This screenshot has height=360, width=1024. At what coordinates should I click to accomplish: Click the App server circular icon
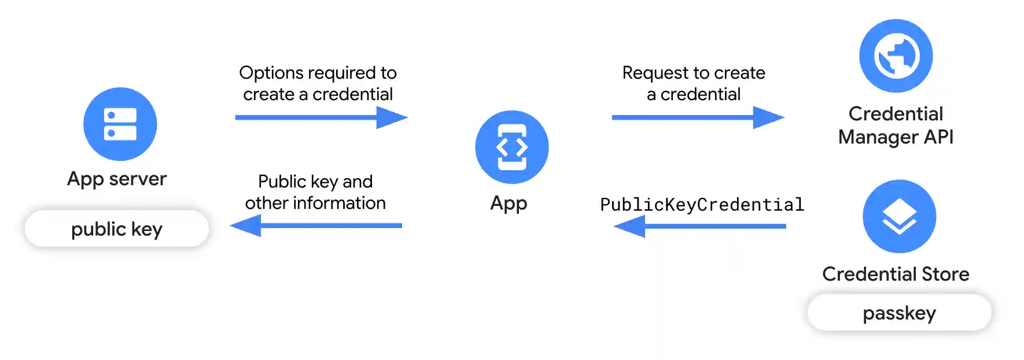click(x=120, y=124)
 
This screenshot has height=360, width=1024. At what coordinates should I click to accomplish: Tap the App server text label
click(x=117, y=179)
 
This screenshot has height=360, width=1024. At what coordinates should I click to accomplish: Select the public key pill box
click(x=117, y=229)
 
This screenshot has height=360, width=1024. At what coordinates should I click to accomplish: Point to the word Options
click(x=271, y=73)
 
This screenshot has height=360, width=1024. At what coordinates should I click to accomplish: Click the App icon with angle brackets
click(x=511, y=147)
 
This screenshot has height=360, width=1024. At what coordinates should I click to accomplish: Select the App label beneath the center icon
click(x=509, y=203)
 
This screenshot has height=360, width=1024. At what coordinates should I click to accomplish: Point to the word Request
click(x=655, y=73)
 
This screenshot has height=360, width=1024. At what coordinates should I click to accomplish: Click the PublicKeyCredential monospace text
click(x=702, y=205)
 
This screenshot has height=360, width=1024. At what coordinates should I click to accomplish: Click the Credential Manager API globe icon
click(x=896, y=56)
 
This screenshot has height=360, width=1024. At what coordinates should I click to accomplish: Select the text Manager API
click(x=896, y=137)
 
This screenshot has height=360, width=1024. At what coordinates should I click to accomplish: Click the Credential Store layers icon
click(x=899, y=216)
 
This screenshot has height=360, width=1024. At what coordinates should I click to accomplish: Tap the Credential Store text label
click(x=896, y=274)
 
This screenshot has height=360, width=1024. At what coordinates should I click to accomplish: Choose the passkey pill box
click(x=899, y=313)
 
